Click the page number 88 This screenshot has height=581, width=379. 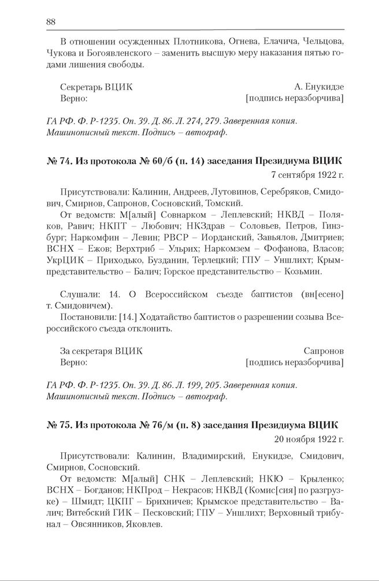pyautogui.click(x=50, y=21)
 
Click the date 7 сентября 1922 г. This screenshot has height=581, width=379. pyautogui.click(x=307, y=173)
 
